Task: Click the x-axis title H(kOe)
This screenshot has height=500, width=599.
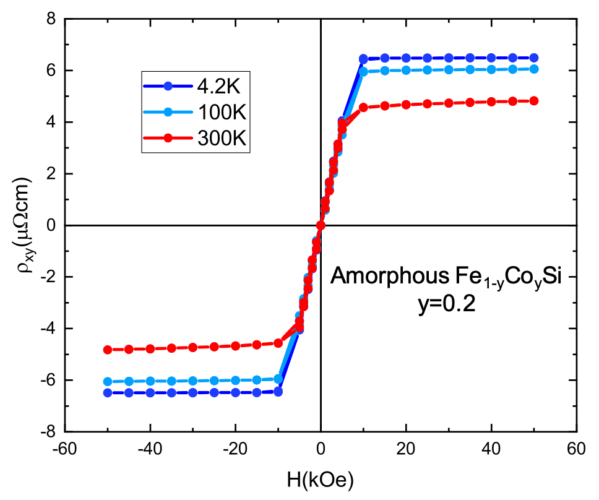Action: [321, 479]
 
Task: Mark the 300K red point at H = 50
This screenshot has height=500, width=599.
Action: [534, 101]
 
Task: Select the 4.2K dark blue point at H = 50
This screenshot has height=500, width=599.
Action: [534, 58]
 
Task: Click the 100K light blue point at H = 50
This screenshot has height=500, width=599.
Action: [534, 69]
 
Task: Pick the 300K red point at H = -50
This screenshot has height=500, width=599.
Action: [107, 349]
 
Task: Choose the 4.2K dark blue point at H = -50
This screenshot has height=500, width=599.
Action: [107, 392]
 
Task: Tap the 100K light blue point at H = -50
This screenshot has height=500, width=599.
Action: [107, 381]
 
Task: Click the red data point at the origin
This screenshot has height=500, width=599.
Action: [321, 225]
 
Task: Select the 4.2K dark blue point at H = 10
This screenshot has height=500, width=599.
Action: [363, 59]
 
